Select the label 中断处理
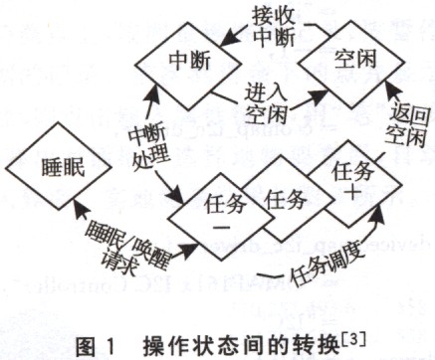click(146, 146)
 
